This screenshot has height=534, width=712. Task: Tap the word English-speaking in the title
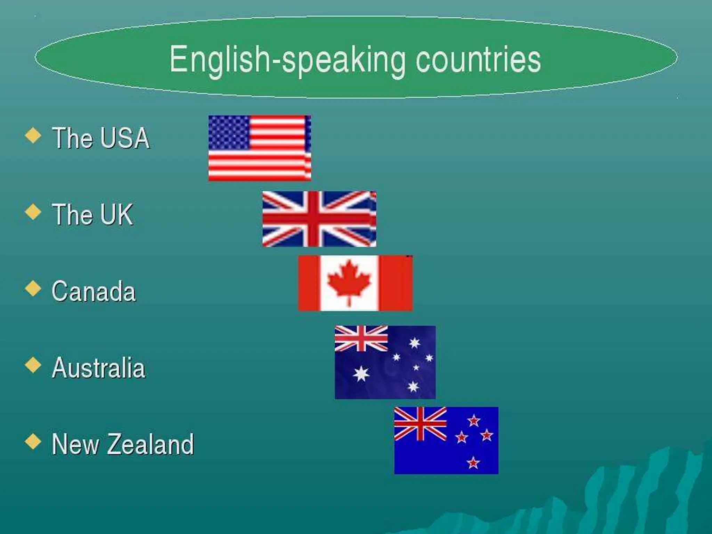[x=287, y=60]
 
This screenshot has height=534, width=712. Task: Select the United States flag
[x=259, y=148]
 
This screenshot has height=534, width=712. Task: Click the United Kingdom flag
[x=319, y=219]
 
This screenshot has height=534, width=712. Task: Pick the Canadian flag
[x=355, y=283]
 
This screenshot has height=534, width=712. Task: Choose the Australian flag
[x=385, y=362]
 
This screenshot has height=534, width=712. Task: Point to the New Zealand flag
[x=446, y=440]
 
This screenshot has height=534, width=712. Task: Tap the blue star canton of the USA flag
[x=229, y=132]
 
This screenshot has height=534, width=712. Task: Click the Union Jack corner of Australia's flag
[x=361, y=338]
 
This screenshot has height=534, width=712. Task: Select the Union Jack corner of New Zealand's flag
[x=420, y=423]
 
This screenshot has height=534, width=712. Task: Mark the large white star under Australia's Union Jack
[x=361, y=374]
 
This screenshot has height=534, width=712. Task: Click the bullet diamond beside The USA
[x=33, y=136]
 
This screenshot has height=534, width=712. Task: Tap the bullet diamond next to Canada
[x=33, y=289]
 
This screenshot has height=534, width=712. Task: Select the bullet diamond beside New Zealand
[x=33, y=442]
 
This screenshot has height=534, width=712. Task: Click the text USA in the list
[x=126, y=138]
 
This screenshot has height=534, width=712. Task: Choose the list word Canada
[x=94, y=291]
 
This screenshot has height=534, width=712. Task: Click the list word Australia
[x=98, y=368]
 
